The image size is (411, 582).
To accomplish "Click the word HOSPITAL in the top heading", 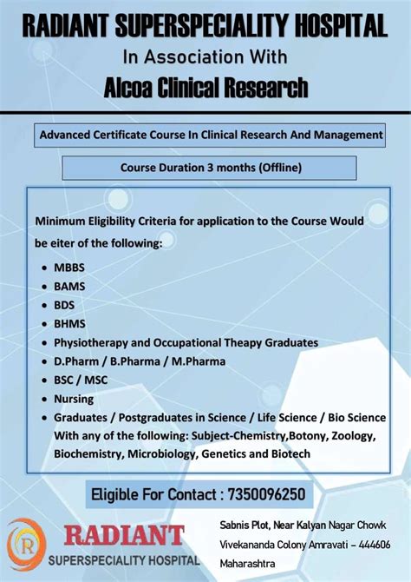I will click(x=342, y=29).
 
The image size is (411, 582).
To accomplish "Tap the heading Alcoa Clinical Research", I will click(x=205, y=87).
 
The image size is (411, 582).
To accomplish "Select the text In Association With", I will click(x=205, y=57).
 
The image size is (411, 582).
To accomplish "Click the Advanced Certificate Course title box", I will click(x=211, y=136).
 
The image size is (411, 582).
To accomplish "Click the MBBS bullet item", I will click(x=69, y=267).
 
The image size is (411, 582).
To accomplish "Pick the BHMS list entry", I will click(x=69, y=323).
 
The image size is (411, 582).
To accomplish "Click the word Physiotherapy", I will click(x=95, y=342).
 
